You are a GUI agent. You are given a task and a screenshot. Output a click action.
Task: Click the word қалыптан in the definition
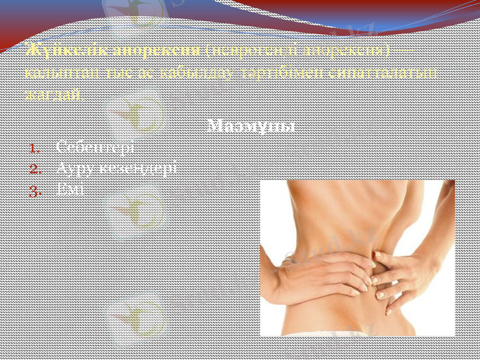(52, 72)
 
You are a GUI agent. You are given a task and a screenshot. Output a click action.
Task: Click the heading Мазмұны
(251, 127)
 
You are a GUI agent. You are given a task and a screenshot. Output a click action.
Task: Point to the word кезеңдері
(139, 169)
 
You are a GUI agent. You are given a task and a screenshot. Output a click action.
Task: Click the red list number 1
(36, 148)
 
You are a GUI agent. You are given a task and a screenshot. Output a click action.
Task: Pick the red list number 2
(35, 169)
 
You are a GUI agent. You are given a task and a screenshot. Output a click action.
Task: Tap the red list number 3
(35, 190)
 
